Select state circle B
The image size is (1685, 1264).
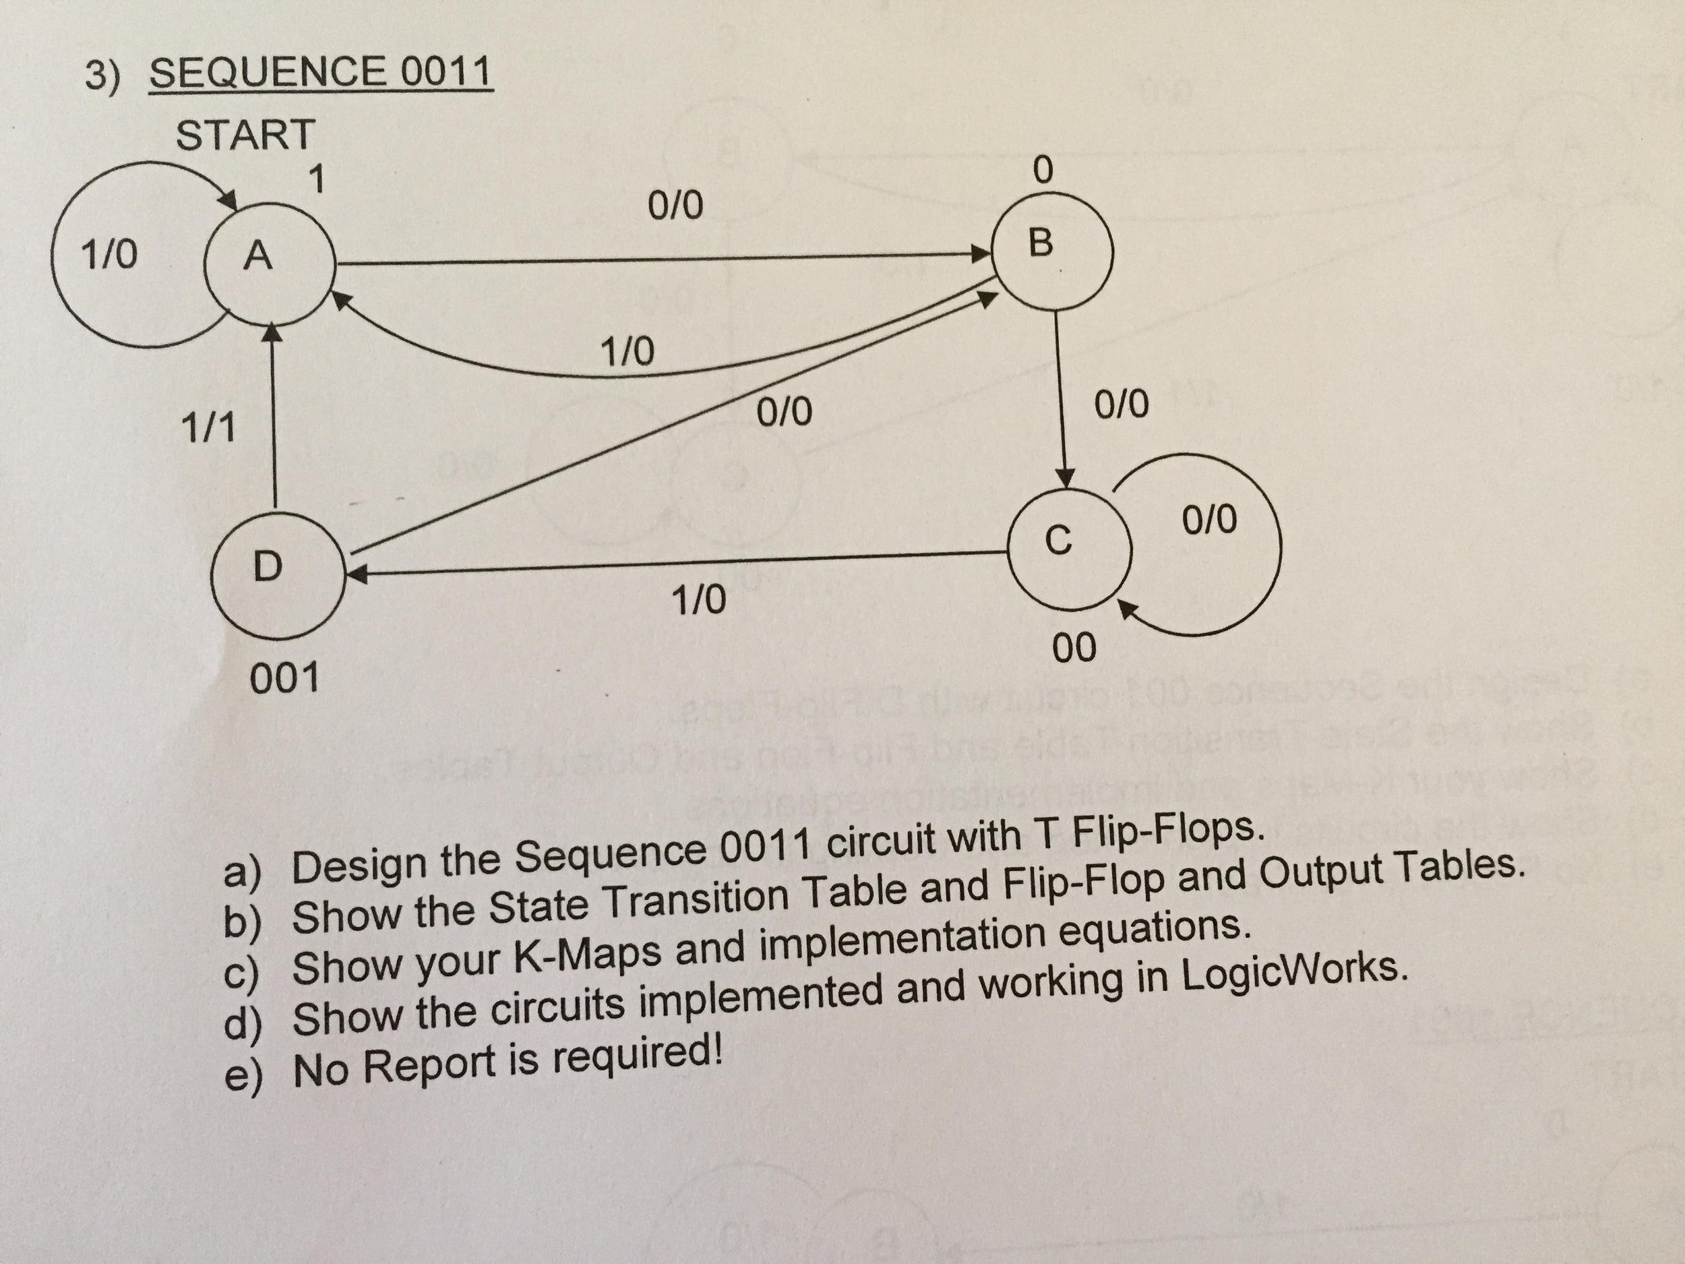(1055, 248)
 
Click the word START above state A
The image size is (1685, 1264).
(245, 135)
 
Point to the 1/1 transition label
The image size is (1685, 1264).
(208, 428)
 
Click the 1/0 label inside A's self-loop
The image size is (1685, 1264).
(110, 253)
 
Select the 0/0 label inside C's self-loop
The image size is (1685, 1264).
(1210, 520)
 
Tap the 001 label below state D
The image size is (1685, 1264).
(284, 678)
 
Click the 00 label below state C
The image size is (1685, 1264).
(1075, 649)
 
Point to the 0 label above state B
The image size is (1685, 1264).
(1043, 169)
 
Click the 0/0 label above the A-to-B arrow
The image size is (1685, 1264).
(675, 206)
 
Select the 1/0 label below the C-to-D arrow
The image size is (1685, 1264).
(698, 601)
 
